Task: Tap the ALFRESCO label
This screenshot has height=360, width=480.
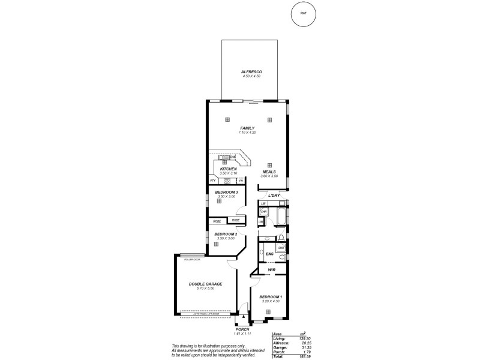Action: coord(252,71)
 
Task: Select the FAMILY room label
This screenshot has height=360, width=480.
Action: coord(247,128)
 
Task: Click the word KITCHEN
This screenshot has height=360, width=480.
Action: coord(229,169)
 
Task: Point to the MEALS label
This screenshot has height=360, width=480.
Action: coord(268,172)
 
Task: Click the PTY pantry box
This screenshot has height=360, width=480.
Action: coord(212,181)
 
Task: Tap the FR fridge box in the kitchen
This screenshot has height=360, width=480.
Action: coord(241,181)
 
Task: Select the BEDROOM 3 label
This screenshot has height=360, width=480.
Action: coord(227,192)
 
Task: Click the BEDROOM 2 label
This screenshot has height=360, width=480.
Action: coord(226,234)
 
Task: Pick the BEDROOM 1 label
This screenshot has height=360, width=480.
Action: coord(271,297)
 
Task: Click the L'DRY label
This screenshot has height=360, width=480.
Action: coord(274,196)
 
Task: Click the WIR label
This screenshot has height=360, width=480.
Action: coord(271,271)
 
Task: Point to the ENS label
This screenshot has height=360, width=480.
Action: coord(270,254)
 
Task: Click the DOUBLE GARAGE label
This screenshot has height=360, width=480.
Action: coord(205,284)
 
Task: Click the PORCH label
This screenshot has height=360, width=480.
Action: coord(242,329)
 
